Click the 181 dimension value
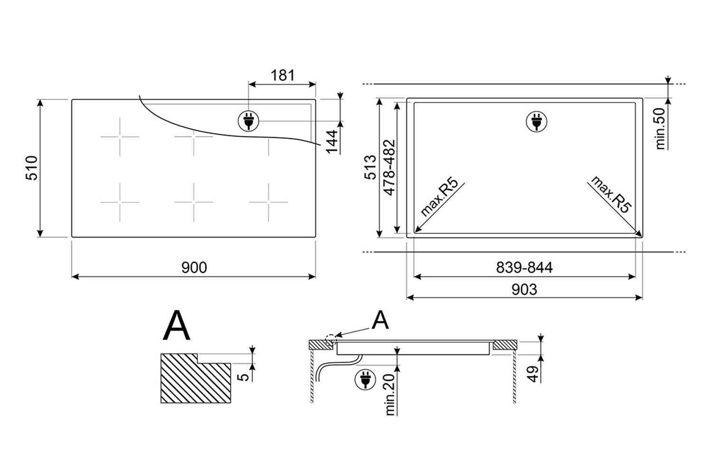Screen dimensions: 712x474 point(282,75)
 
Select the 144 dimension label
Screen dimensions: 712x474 point(332,142)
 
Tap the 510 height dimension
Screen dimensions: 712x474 point(32,168)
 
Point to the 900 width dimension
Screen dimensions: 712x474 point(194,268)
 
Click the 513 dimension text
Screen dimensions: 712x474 point(370,167)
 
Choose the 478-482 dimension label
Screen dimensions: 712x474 point(389,167)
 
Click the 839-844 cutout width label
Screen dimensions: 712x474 point(525,268)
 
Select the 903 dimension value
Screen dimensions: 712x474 point(525,289)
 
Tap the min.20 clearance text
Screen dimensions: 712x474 point(390,394)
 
